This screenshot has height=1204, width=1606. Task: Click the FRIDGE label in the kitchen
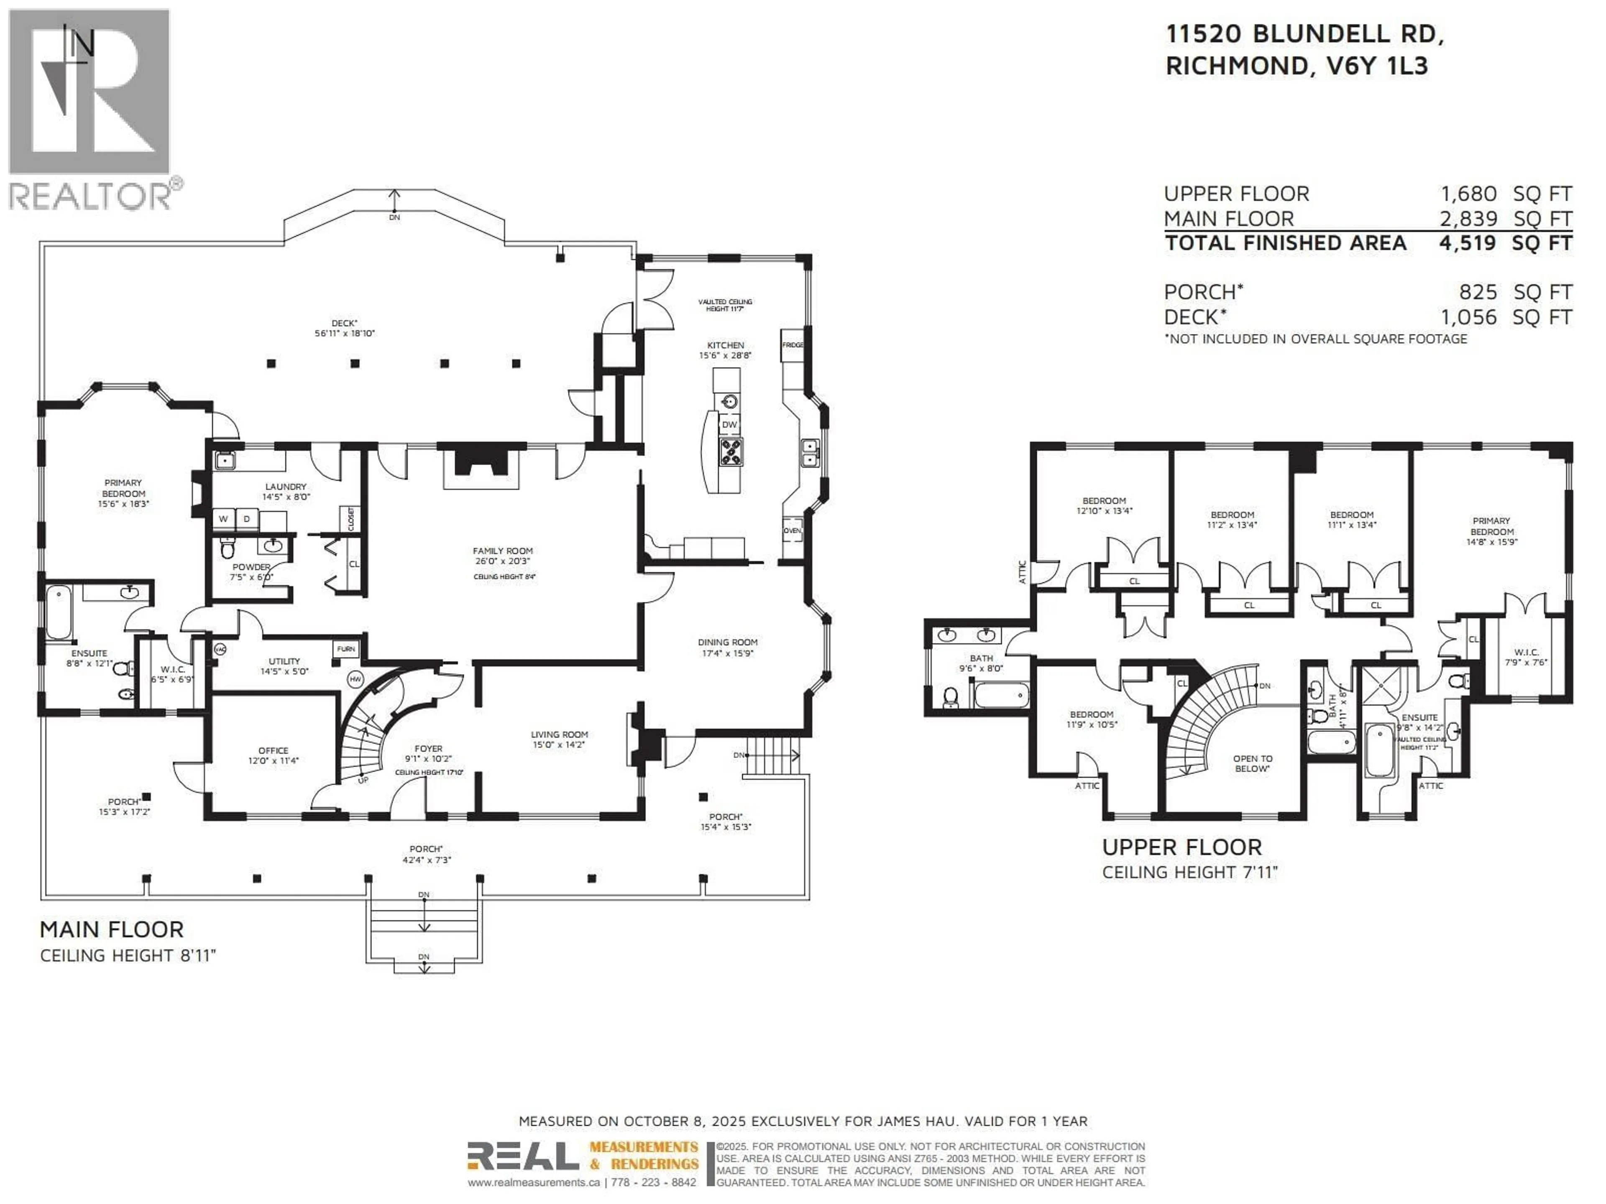point(792,345)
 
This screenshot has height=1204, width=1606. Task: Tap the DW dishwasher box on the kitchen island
point(729,425)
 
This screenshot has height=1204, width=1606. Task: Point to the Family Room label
point(502,551)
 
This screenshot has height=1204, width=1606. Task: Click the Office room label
point(273,750)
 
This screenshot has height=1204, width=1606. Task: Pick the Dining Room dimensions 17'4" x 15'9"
point(727,653)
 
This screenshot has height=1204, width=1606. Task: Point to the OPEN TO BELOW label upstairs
point(1253,763)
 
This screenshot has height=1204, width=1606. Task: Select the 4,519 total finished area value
point(1467,243)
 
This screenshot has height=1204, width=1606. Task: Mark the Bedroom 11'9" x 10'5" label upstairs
point(1091,719)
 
